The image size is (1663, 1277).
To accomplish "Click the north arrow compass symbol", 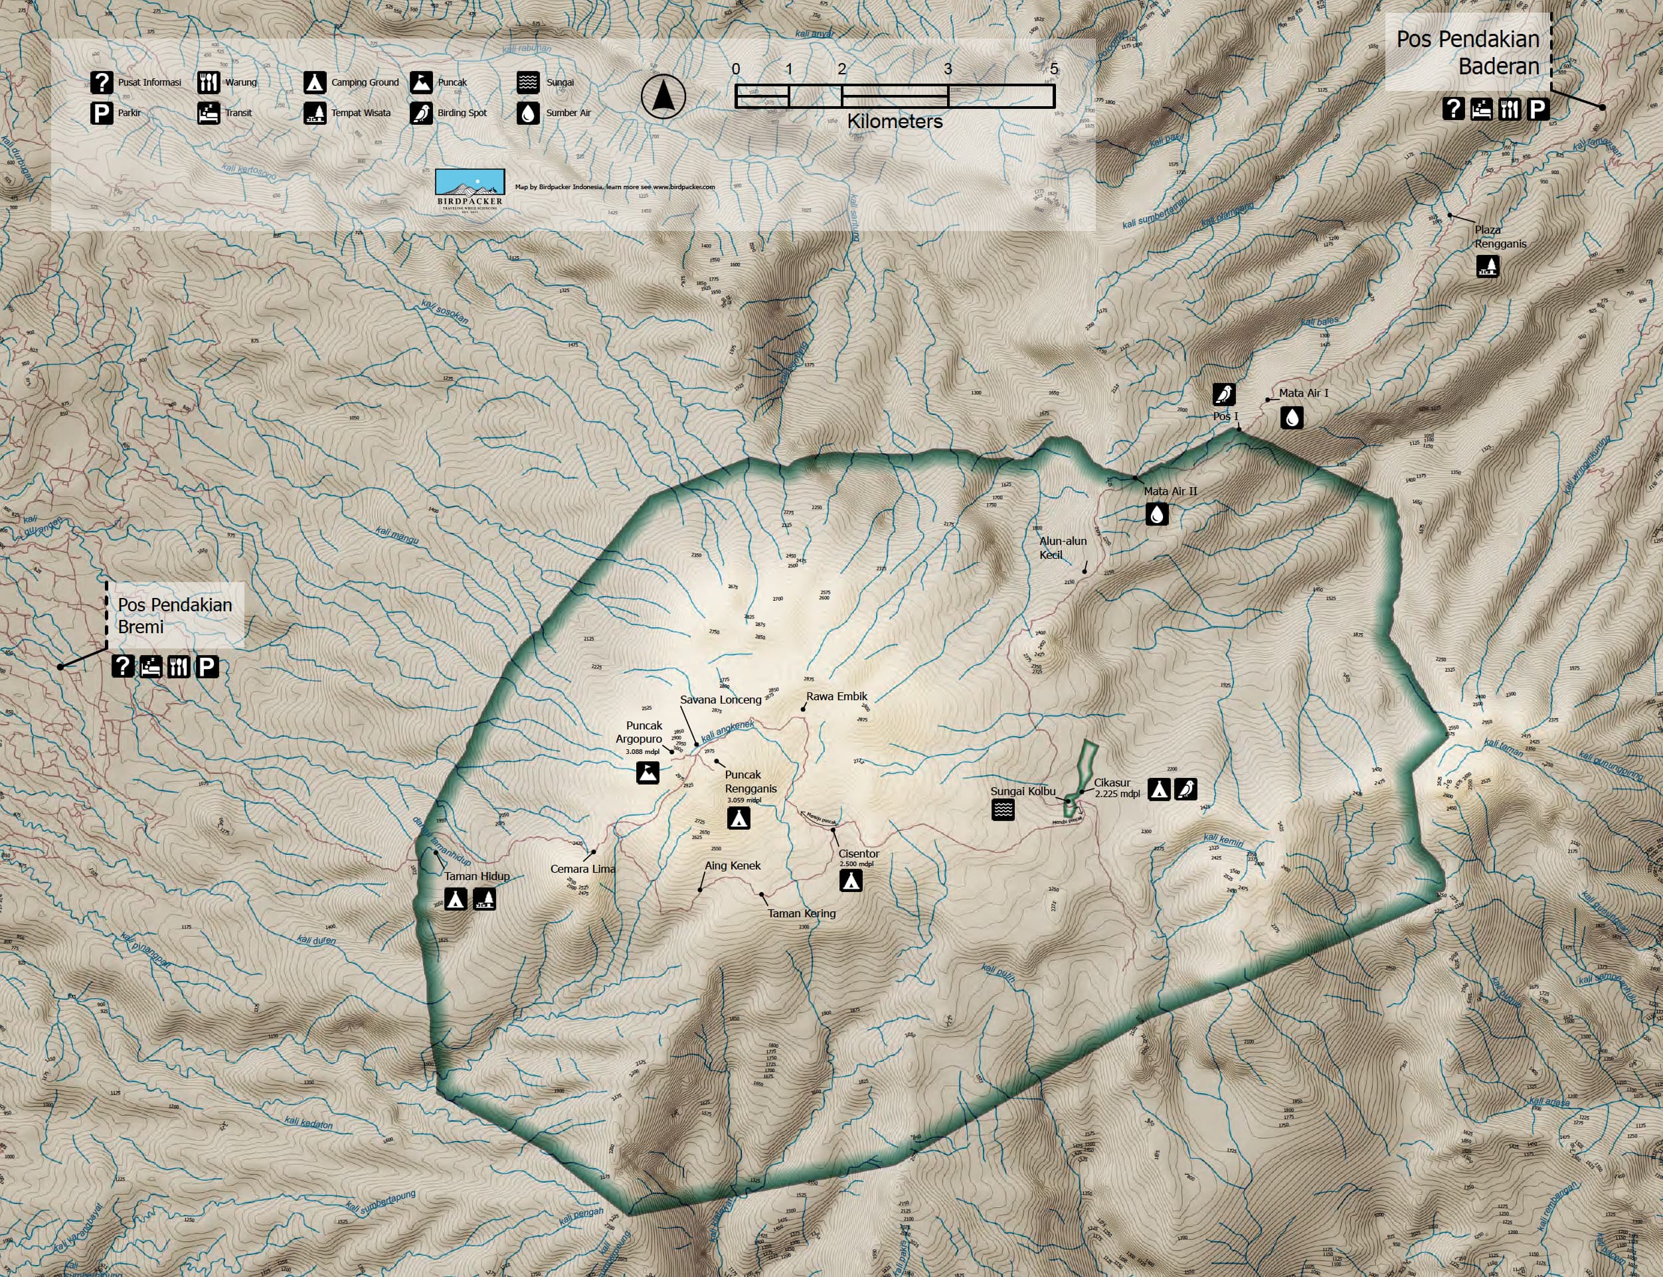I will (x=663, y=96).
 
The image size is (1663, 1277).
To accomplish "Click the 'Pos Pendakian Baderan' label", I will (x=1468, y=52).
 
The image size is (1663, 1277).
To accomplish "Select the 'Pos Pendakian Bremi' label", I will (x=175, y=616).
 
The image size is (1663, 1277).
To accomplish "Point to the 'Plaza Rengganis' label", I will (x=1500, y=236).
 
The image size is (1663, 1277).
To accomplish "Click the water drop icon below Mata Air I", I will (x=1291, y=417).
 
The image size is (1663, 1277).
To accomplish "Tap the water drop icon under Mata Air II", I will (x=1156, y=514).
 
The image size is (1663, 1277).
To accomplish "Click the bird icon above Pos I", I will (x=1223, y=394).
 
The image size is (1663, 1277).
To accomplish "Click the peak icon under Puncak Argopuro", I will (x=648, y=773).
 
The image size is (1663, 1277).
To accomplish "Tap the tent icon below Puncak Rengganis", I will (x=739, y=818).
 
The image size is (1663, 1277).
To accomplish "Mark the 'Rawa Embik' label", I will (x=836, y=696).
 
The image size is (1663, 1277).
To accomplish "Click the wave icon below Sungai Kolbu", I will (x=1003, y=810).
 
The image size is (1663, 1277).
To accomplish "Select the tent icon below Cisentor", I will (x=851, y=880).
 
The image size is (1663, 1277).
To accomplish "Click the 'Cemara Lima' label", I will (x=582, y=869).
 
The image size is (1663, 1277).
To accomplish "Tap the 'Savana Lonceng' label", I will (x=720, y=700).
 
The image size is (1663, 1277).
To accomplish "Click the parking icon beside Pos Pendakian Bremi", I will (x=207, y=666).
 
